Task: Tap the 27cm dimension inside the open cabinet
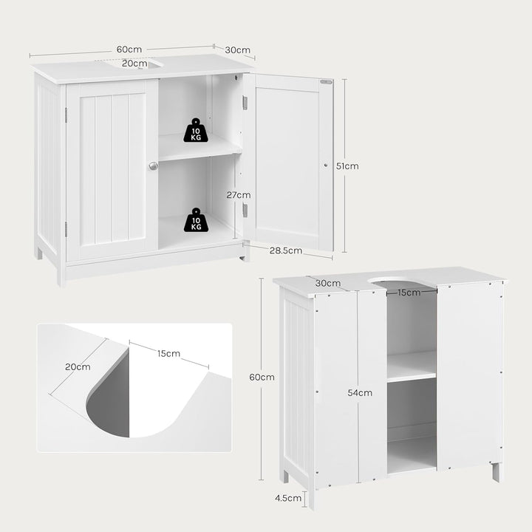239,195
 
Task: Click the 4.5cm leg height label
289,498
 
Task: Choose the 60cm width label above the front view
129,50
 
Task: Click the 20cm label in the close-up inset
78,366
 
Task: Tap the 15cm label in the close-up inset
168,353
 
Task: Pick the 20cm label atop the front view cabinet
134,64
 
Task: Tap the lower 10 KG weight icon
195,219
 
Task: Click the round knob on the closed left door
153,166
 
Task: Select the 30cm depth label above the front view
239,50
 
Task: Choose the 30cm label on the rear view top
328,283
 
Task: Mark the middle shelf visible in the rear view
411,365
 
